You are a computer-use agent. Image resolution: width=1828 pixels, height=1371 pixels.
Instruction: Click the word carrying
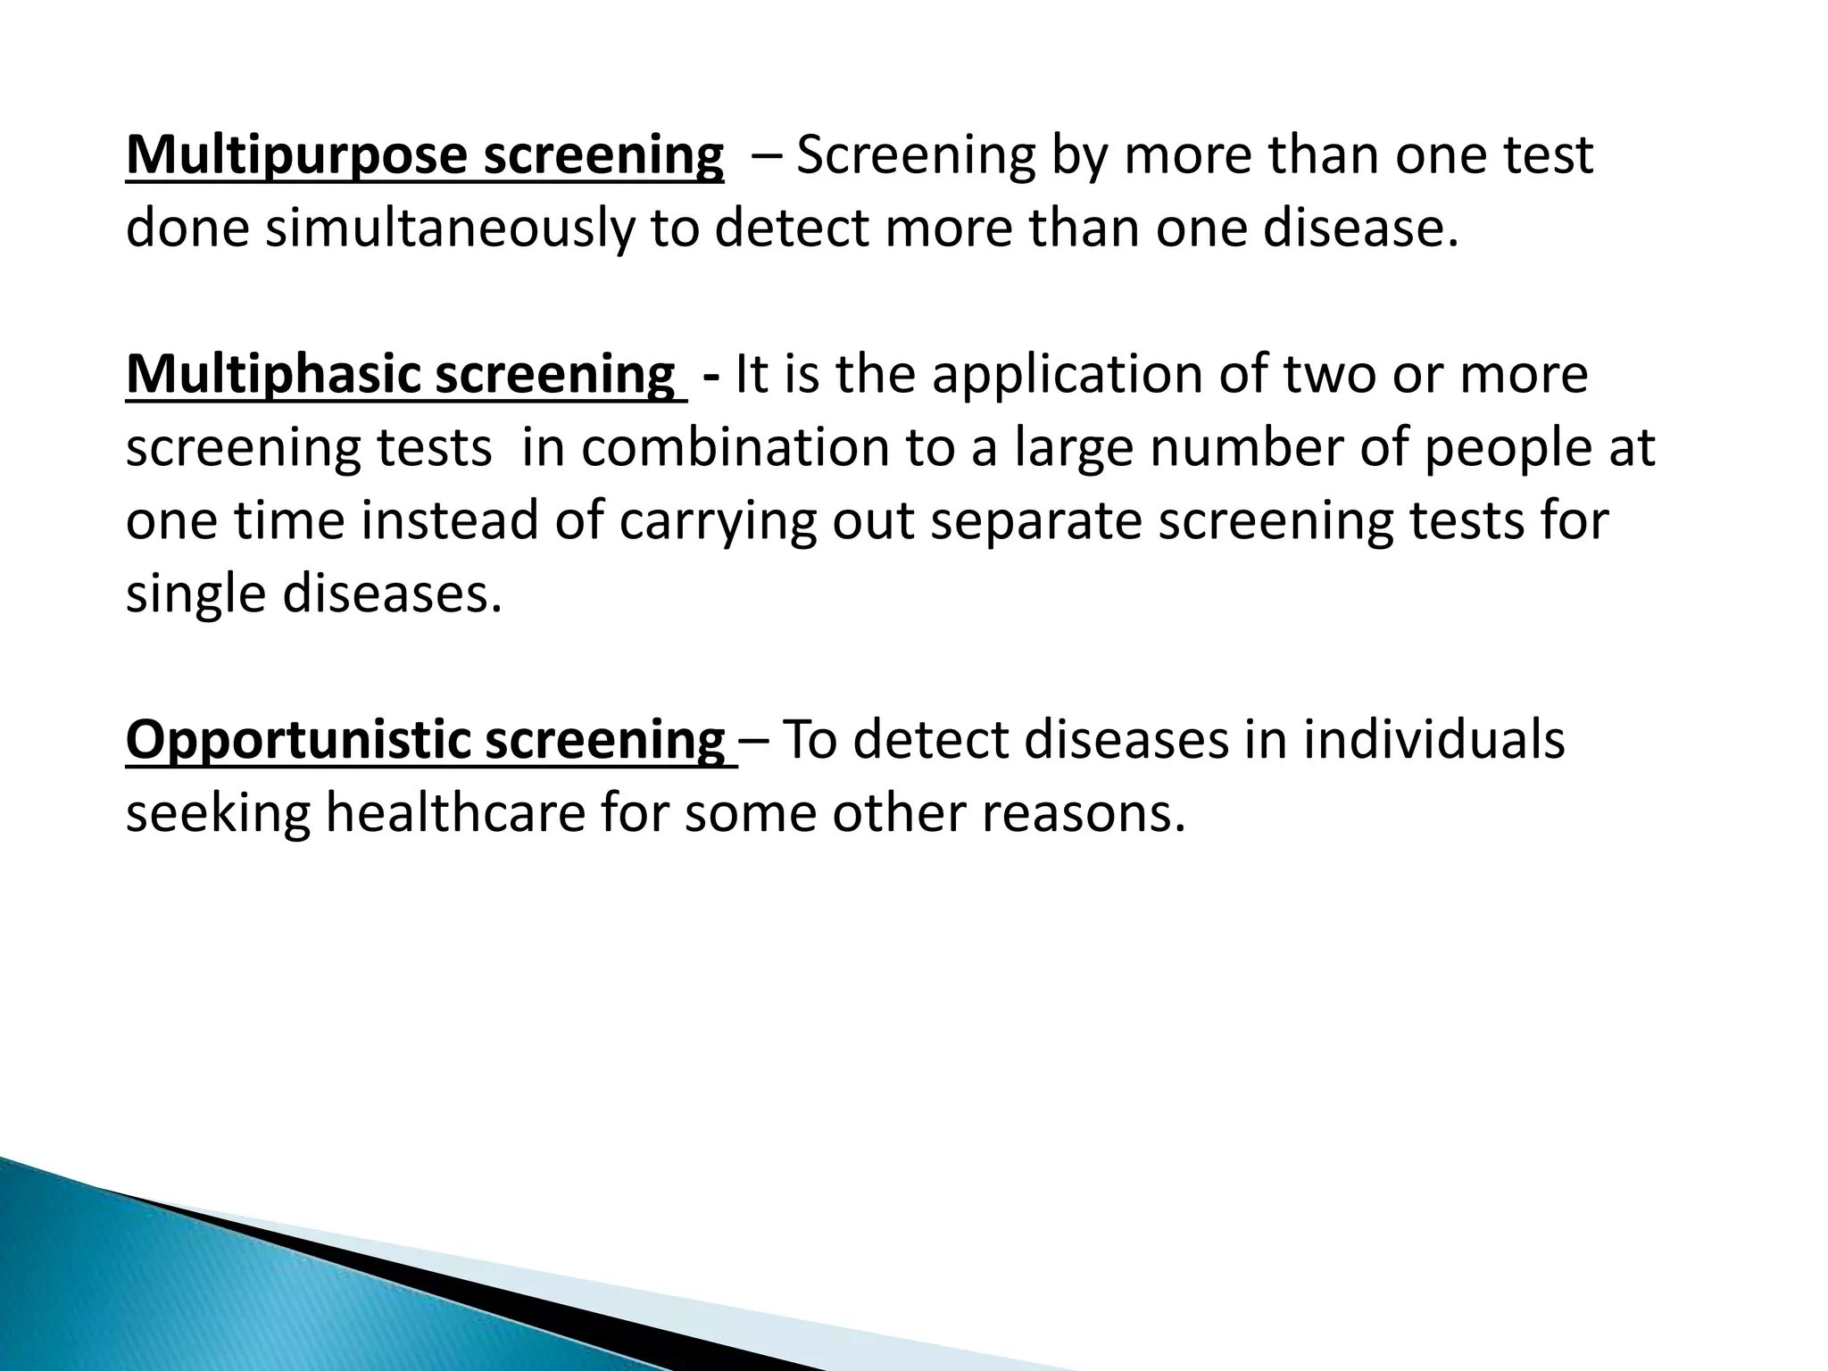pyautogui.click(x=718, y=521)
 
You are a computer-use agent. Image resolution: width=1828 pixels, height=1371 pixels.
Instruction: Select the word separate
pyautogui.click(x=1036, y=521)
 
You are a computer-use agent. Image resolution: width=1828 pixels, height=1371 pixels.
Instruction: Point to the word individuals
pyautogui.click(x=1433, y=741)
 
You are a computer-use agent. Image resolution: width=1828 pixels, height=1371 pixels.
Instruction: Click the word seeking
pyautogui.click(x=218, y=814)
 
